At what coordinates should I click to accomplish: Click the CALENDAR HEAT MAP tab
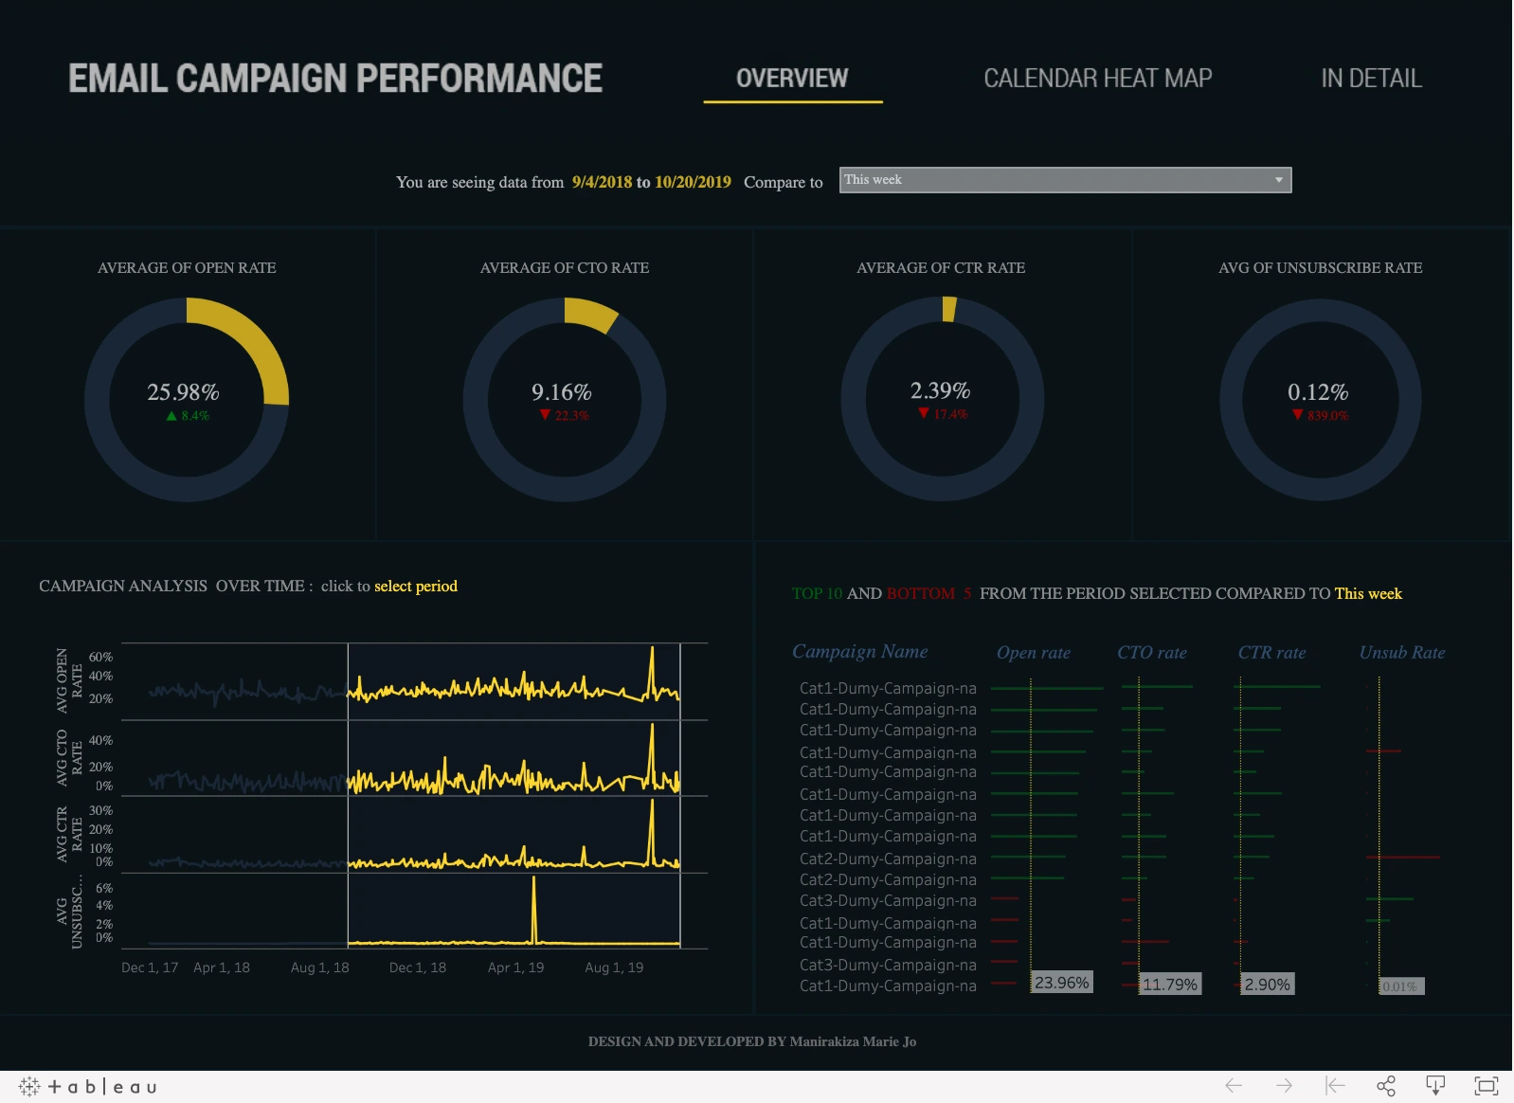pos(1097,78)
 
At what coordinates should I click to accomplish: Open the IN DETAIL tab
pos(1371,78)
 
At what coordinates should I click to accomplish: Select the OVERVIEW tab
pos(792,78)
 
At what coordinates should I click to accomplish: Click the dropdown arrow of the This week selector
pos(1278,180)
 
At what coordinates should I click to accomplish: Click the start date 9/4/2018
pos(602,182)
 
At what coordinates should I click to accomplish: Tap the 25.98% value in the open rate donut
pos(183,391)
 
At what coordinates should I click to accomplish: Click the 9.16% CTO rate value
pos(561,391)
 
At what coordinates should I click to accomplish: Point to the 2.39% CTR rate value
pos(940,390)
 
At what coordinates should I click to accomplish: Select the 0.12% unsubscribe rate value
pos(1317,391)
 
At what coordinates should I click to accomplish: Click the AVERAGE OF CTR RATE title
pos(940,268)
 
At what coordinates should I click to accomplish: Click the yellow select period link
pos(415,586)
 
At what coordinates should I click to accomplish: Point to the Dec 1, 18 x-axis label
pos(417,967)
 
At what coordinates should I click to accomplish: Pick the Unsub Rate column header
pos(1401,652)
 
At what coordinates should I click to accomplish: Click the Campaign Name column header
pos(859,651)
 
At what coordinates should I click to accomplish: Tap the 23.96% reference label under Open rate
pos(1061,983)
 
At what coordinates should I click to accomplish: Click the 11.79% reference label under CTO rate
pos(1169,985)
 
